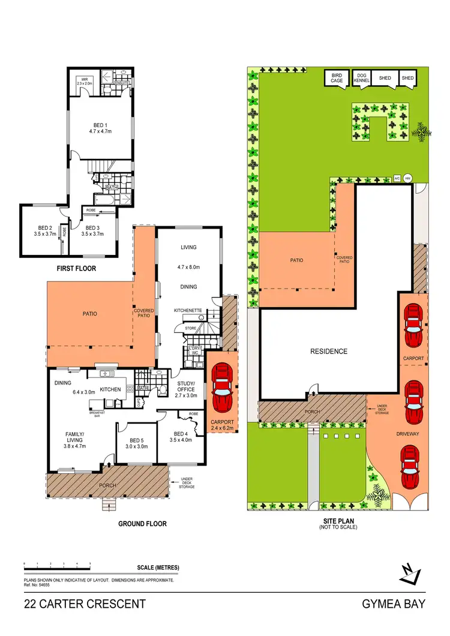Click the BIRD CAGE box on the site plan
click(337, 78)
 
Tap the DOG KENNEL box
click(360, 78)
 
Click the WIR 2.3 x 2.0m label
click(86, 82)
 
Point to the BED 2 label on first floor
click(45, 231)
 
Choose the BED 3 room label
click(92, 231)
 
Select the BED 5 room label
click(137, 443)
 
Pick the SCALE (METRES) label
click(158, 568)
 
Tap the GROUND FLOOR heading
click(142, 524)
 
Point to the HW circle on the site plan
click(407, 178)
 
